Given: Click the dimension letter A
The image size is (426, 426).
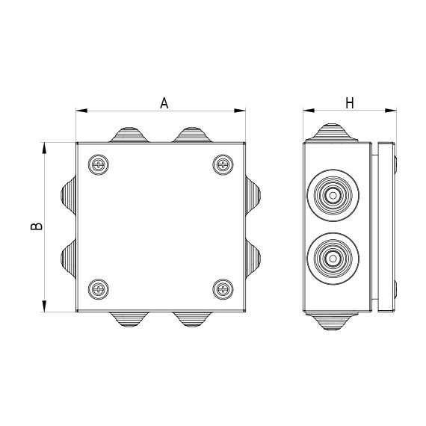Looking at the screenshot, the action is tap(164, 103).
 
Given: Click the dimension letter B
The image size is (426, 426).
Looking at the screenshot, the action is tap(37, 226).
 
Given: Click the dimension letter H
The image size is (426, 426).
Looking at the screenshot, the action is tap(350, 103).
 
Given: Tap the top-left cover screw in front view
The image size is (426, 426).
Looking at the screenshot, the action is tap(99, 164).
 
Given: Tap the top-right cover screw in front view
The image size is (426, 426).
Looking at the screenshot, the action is tap(223, 164).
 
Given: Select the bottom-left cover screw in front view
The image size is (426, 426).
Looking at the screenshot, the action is tap(99, 289).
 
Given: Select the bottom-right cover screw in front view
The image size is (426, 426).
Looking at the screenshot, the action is tap(223, 289).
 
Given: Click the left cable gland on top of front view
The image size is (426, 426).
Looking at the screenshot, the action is tap(129, 135).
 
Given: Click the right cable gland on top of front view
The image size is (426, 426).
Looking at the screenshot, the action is tap(192, 135).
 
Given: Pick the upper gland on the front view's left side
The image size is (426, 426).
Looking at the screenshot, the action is tap(69, 195).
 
